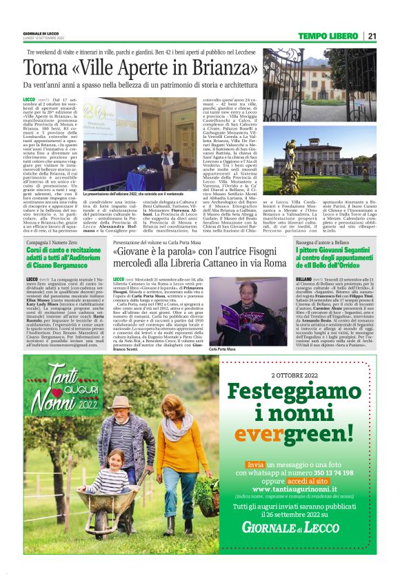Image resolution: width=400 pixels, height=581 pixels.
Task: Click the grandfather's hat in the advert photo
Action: pyautogui.click(x=120, y=402)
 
